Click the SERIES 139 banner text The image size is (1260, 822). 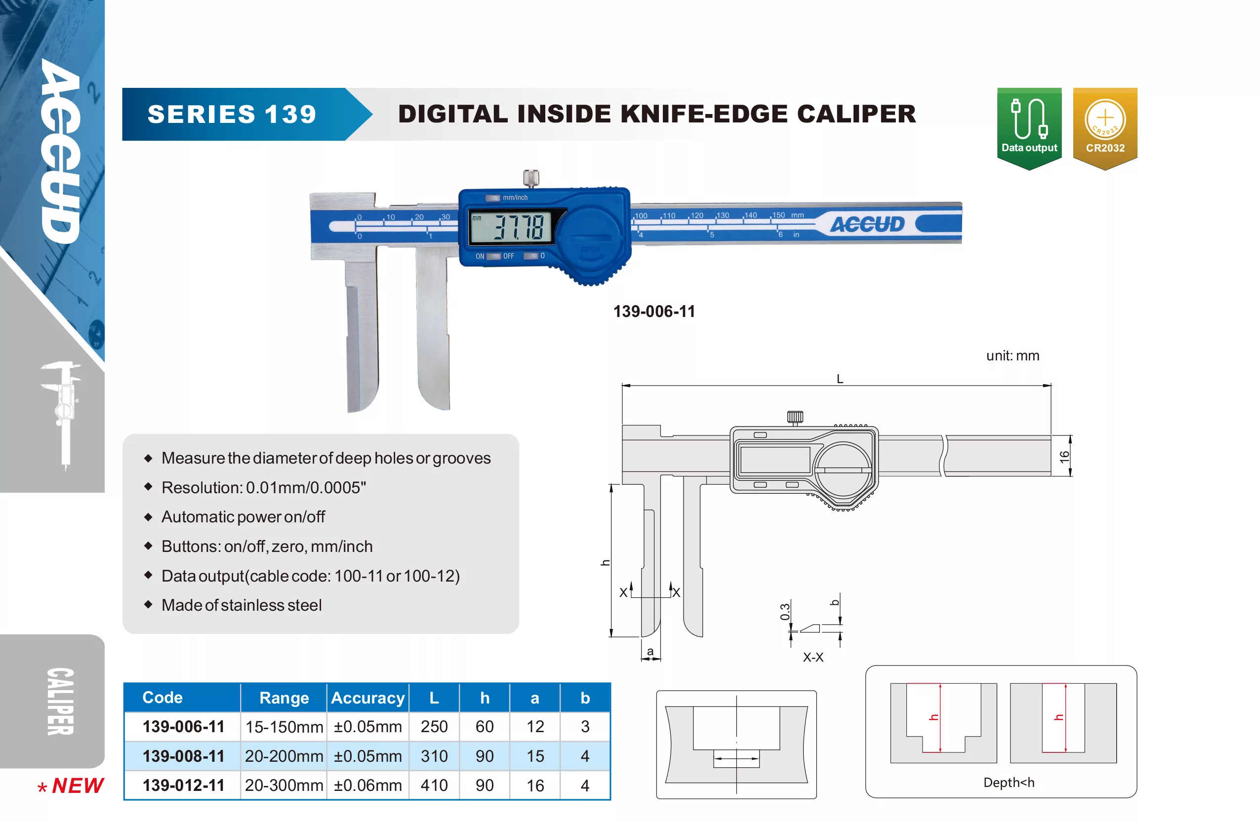point(232,115)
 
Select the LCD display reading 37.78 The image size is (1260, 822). point(511,227)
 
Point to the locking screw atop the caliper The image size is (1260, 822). point(531,178)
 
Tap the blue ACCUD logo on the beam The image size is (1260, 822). point(867,225)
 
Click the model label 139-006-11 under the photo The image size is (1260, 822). point(654,311)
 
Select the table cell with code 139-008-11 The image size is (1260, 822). point(183,756)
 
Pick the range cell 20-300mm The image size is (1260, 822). point(284,785)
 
